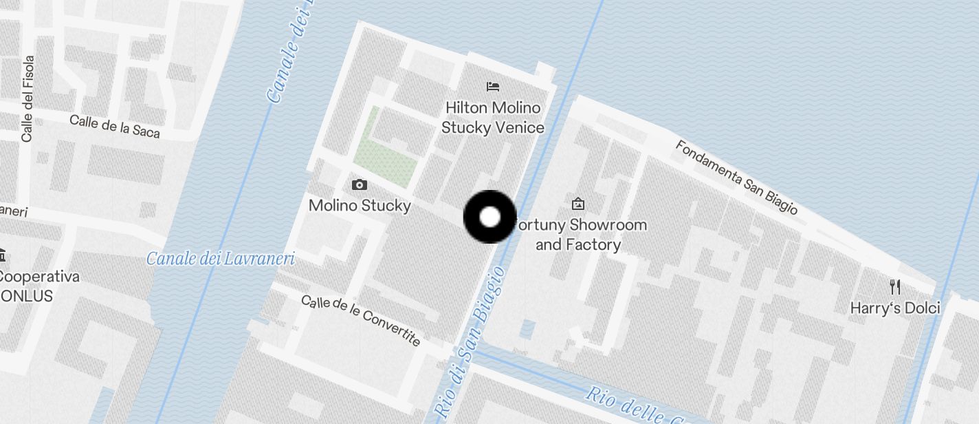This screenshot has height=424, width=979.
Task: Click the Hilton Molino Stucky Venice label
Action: [x=492, y=118]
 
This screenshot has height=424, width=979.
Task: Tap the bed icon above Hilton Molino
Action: [x=492, y=87]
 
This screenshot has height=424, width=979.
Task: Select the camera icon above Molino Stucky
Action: [x=359, y=184]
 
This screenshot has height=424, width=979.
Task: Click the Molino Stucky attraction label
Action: [x=360, y=205]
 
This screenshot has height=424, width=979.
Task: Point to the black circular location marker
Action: [x=489, y=218]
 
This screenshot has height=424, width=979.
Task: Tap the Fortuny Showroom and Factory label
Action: [x=582, y=235]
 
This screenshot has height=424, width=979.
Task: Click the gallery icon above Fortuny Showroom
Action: [x=577, y=204]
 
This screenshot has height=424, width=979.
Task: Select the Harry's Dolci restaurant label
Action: [x=895, y=308]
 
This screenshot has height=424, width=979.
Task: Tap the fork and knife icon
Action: [x=894, y=286]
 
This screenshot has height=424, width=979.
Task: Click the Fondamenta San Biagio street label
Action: [x=736, y=177]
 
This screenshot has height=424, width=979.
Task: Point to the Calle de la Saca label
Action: [x=115, y=126]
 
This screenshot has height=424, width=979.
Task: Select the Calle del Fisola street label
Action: [x=27, y=99]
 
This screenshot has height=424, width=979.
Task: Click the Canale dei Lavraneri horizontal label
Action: [x=221, y=259]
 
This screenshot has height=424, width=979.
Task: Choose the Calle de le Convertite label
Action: [x=361, y=320]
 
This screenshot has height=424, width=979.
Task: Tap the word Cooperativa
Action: [x=38, y=277]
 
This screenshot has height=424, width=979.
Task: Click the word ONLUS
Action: [x=26, y=296]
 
